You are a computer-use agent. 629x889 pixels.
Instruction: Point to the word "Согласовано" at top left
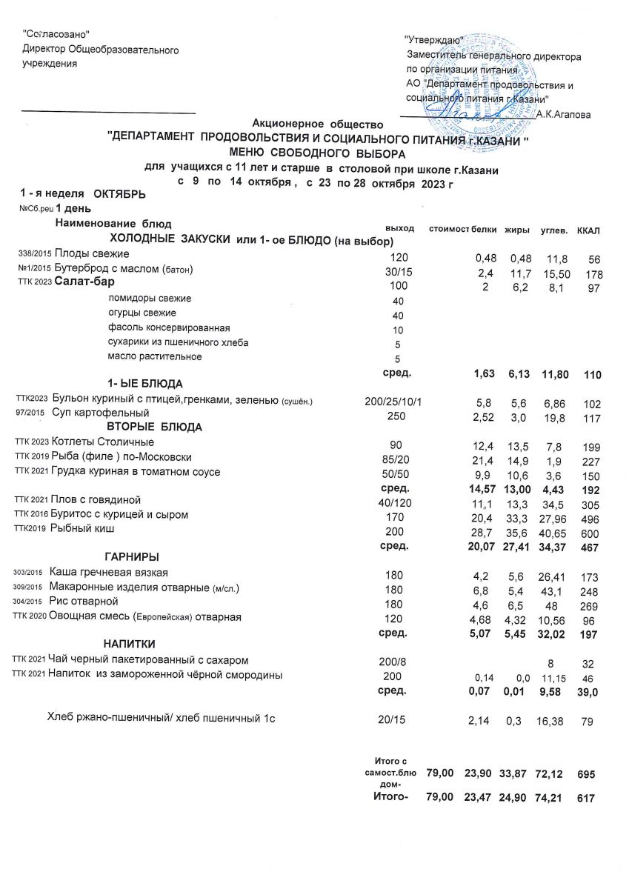[57, 33]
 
